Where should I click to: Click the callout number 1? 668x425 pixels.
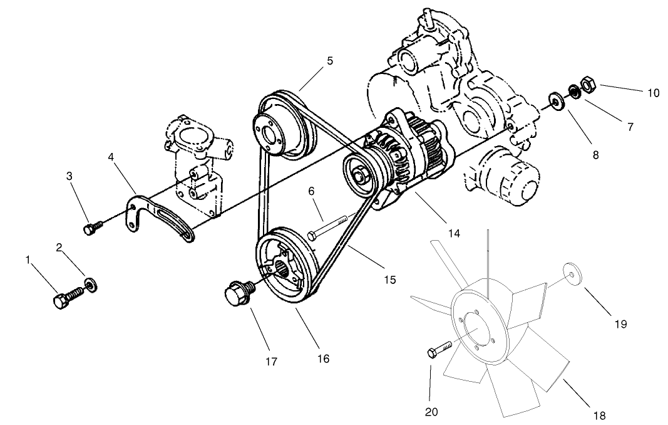28,259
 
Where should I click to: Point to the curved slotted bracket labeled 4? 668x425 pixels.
329,61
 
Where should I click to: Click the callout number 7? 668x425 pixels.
630,127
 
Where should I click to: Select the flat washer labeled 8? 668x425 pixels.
554,100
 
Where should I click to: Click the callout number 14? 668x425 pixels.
454,233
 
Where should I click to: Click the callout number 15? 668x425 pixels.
389,280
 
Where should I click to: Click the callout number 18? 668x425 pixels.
599,414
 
